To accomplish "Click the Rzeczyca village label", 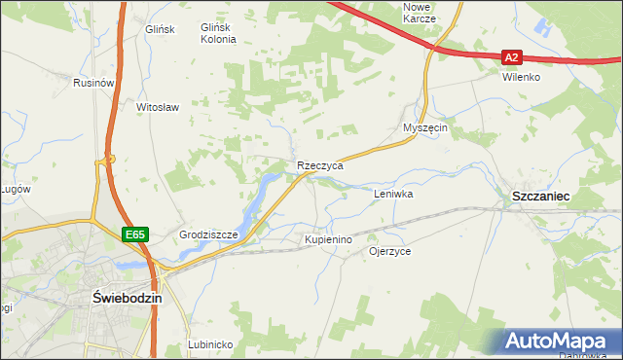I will coord(320,166).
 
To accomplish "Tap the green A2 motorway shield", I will coord(513,57).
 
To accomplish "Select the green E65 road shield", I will coord(135,234).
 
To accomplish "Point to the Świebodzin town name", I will coord(126,298).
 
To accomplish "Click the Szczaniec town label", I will coord(540,197).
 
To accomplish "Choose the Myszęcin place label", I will coord(424,127).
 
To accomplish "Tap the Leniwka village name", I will coord(394,194).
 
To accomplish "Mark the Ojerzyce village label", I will coord(389,251).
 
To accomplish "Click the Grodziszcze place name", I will coord(209,235).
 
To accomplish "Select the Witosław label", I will coord(158,107).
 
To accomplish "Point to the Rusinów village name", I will coord(94,84).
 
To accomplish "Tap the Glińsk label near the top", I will coord(158,29).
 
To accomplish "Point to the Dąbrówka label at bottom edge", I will coord(581,355).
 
